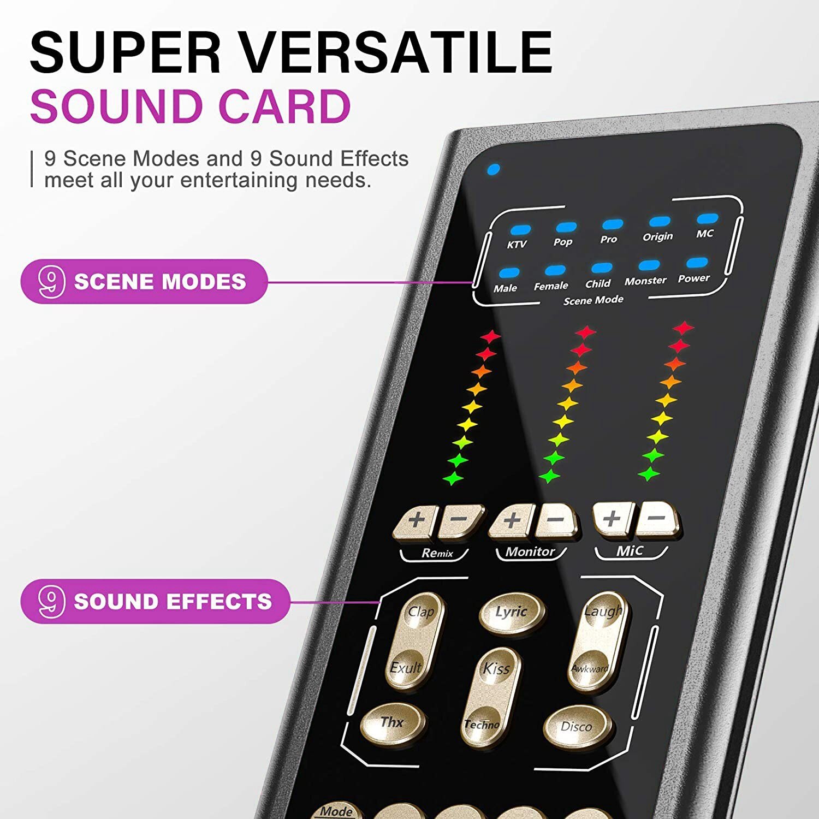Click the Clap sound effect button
[x=422, y=612]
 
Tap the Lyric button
[x=511, y=612]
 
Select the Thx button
[x=392, y=723]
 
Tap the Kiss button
[x=496, y=668]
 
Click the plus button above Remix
[x=416, y=520]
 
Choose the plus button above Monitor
[x=512, y=520]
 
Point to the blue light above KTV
[x=520, y=230]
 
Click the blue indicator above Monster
[x=649, y=266]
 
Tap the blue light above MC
[x=707, y=219]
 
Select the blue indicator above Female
[x=555, y=270]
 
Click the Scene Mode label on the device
[x=593, y=300]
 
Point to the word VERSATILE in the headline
[x=396, y=53]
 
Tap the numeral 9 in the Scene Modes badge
[x=51, y=281]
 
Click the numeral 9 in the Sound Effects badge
[x=51, y=601]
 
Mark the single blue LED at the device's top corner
[x=493, y=169]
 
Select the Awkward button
[x=590, y=668]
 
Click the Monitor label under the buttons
[x=530, y=551]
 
